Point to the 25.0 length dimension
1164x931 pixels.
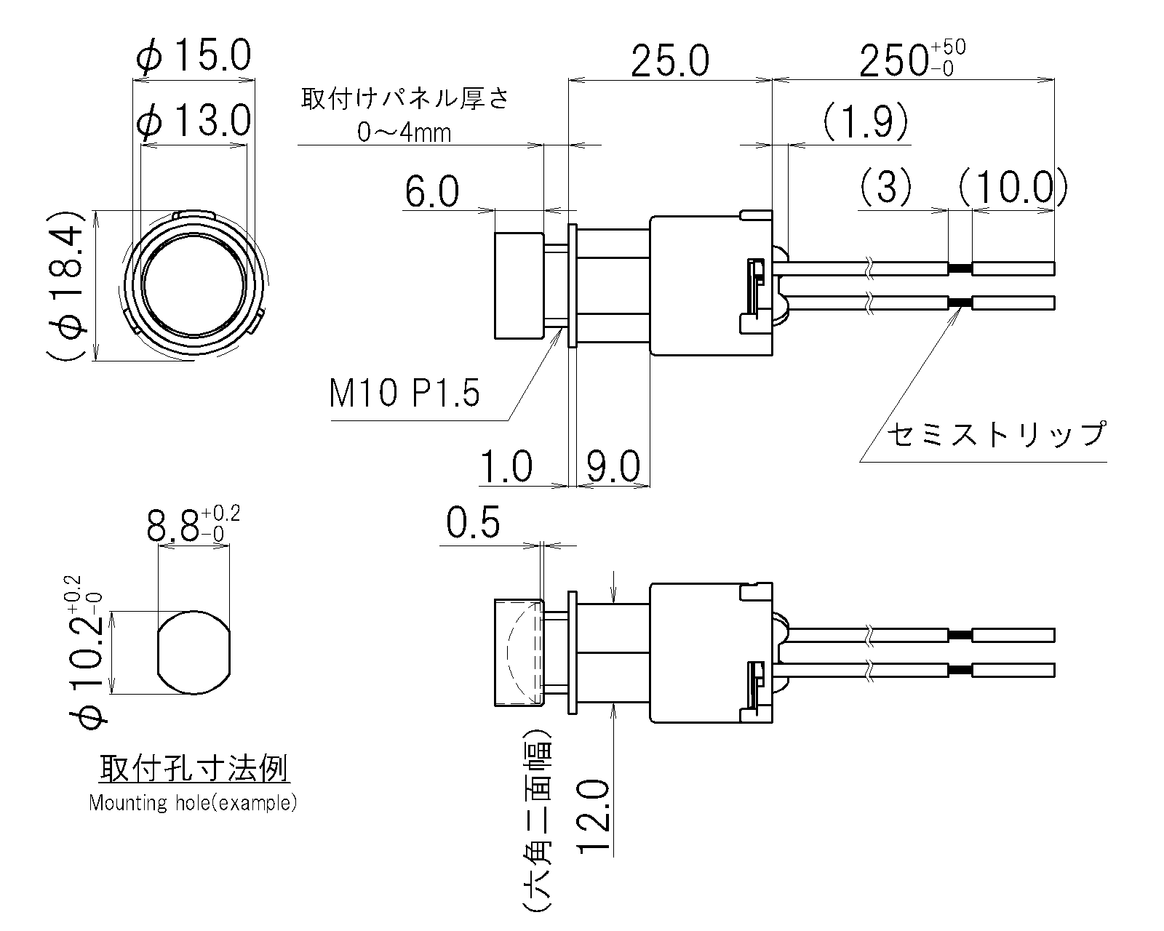pyautogui.click(x=669, y=61)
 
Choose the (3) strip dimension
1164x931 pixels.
pyautogui.click(x=885, y=188)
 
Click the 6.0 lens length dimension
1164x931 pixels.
pyautogui.click(x=432, y=193)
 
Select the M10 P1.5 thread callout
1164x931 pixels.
pyautogui.click(x=404, y=395)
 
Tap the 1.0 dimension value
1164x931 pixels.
pyautogui.click(x=506, y=466)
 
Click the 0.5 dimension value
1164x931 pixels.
pyautogui.click(x=473, y=523)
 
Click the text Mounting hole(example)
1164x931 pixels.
pyautogui.click(x=193, y=803)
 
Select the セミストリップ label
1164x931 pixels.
pyautogui.click(x=995, y=434)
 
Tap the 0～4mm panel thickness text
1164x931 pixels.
pyautogui.click(x=404, y=133)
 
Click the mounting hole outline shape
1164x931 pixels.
pyautogui.click(x=194, y=651)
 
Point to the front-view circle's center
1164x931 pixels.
pyautogui.click(x=194, y=285)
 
